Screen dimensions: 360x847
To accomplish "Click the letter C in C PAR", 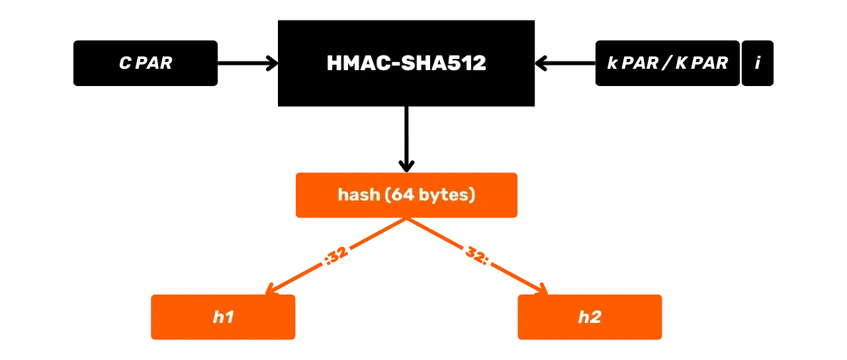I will click(124, 64).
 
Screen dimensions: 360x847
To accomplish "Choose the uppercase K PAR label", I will click(701, 64).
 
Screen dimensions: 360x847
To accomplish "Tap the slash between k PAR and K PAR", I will click(667, 64).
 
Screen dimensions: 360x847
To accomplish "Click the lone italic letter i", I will click(758, 64).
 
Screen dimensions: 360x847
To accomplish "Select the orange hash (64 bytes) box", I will click(406, 195).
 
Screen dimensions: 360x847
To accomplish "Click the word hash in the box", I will click(358, 195).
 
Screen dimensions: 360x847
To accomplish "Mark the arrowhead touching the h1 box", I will click(270, 289).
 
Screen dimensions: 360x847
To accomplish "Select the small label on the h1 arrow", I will click(335, 255).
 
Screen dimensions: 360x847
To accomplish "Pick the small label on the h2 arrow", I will click(477, 255).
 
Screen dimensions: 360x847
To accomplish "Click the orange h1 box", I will click(223, 317).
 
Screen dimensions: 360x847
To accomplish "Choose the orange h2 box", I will click(590, 317).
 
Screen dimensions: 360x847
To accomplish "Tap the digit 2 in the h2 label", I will click(596, 318).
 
